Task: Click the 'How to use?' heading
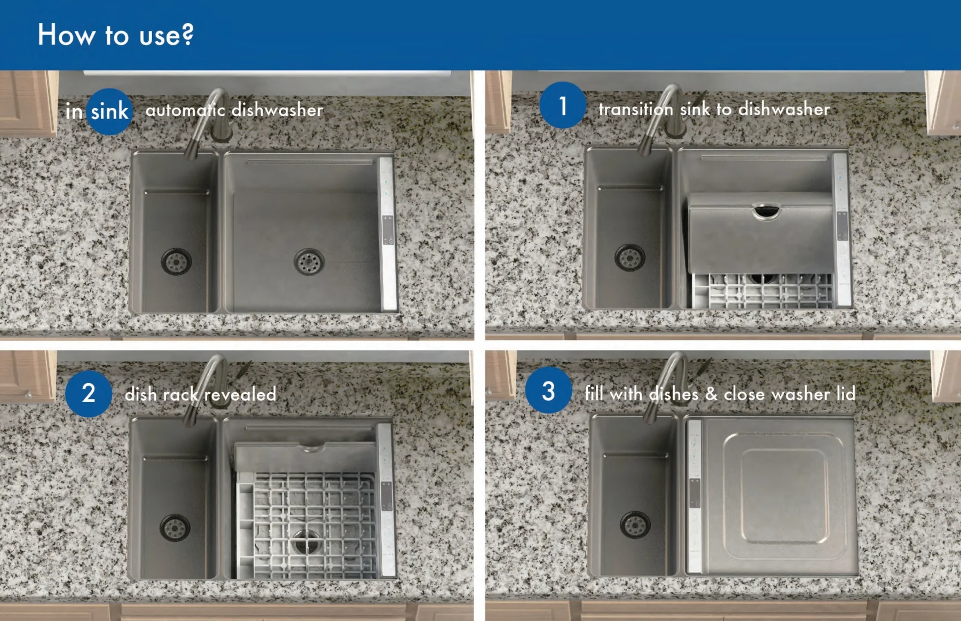(x=115, y=35)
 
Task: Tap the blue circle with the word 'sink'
(x=109, y=112)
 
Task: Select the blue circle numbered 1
(x=563, y=106)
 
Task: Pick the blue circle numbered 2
(x=89, y=393)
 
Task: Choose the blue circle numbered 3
(x=548, y=391)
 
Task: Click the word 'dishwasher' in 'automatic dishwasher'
(x=278, y=110)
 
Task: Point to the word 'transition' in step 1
(x=635, y=109)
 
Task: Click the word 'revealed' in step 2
(x=240, y=394)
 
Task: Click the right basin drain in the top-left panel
(x=309, y=261)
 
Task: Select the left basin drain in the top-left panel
(x=176, y=261)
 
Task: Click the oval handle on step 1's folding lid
(x=767, y=211)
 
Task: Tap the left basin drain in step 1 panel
(x=630, y=258)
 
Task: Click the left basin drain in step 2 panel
(x=175, y=528)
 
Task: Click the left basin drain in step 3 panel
(x=635, y=525)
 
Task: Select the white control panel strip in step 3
(x=694, y=496)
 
